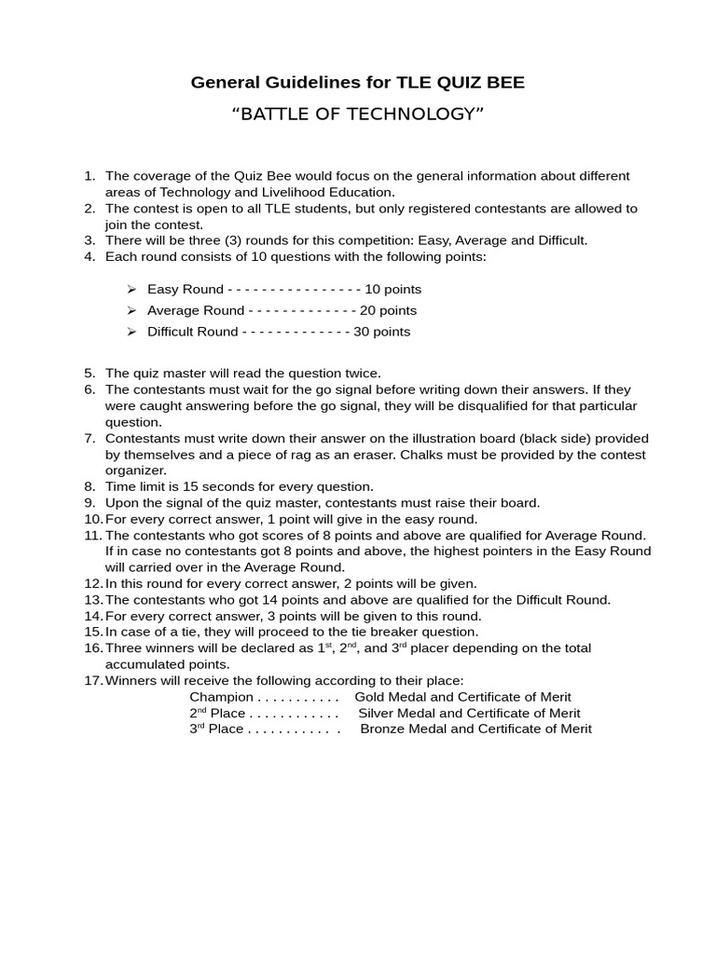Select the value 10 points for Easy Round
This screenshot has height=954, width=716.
(393, 289)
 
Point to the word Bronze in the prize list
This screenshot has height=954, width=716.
(382, 729)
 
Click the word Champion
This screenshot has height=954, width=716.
(221, 697)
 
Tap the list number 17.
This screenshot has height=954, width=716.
(92, 680)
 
